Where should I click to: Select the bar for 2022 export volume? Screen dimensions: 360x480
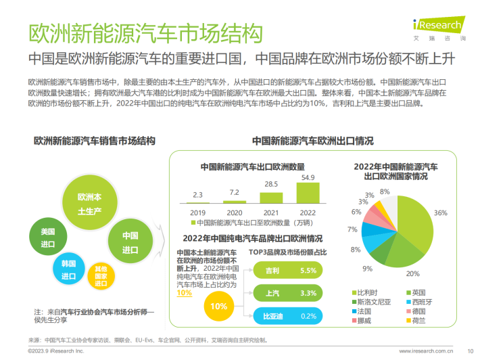point(308,193)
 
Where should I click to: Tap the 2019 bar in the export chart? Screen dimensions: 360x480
point(198,202)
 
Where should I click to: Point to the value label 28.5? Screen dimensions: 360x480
point(271,184)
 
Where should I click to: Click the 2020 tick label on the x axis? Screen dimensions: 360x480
point(235,212)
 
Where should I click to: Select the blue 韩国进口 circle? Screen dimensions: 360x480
point(68,269)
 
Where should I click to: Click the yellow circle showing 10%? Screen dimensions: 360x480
point(218,306)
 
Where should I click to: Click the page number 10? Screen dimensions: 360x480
point(469,351)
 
